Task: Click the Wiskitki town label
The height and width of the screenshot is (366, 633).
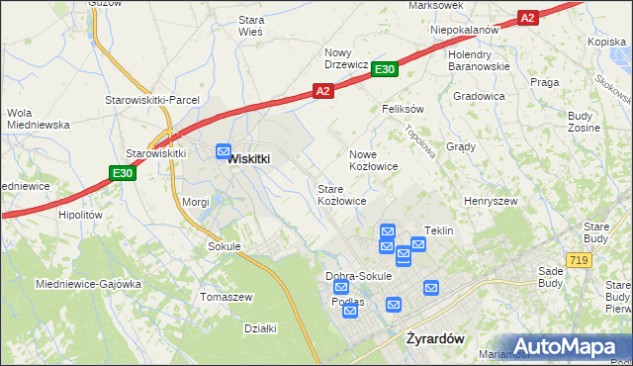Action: pos(249,158)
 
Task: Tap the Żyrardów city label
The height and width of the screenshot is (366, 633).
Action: pos(436,338)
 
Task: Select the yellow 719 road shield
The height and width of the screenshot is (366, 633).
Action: pos(580,259)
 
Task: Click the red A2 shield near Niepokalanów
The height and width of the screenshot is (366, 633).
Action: pos(527,18)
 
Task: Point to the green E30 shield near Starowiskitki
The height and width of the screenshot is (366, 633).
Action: pos(122,173)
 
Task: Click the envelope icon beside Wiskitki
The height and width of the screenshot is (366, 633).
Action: pos(224,150)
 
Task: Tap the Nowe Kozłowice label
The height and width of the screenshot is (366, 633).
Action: pos(374,160)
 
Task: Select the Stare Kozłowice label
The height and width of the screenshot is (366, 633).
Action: pos(342,194)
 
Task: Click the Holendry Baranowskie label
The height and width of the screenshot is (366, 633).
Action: pos(478,60)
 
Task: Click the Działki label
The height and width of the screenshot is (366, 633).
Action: pos(260,328)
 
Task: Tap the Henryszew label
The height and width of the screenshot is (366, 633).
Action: pos(492,201)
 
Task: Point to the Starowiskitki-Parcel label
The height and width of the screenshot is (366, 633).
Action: pos(153,100)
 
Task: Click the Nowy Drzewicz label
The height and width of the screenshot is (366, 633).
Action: pos(347,58)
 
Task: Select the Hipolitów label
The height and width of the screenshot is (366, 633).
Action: pos(81,214)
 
